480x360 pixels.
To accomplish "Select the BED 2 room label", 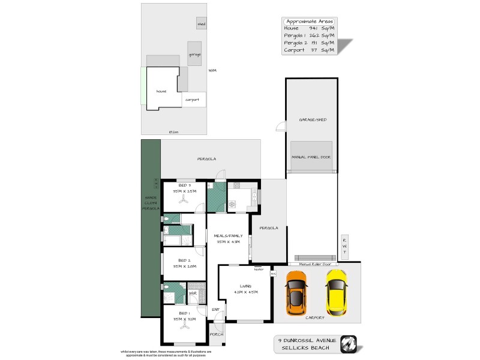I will pos(184,260).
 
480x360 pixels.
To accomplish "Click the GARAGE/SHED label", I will pos(311,120).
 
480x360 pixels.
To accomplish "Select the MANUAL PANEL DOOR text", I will pos(311,157).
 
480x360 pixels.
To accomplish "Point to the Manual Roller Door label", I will pos(310,263).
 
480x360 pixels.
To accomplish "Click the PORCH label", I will pos(215,335).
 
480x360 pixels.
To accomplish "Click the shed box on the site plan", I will pos(201,24).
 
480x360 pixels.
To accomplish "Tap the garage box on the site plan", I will pos(194,54).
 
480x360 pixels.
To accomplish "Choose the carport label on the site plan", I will pos(192,100).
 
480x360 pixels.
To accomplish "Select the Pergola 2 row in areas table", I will pos(309,43).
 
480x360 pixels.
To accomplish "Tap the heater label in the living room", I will pos(259,269).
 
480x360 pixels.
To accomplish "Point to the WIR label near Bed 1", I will pos(193,293).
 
